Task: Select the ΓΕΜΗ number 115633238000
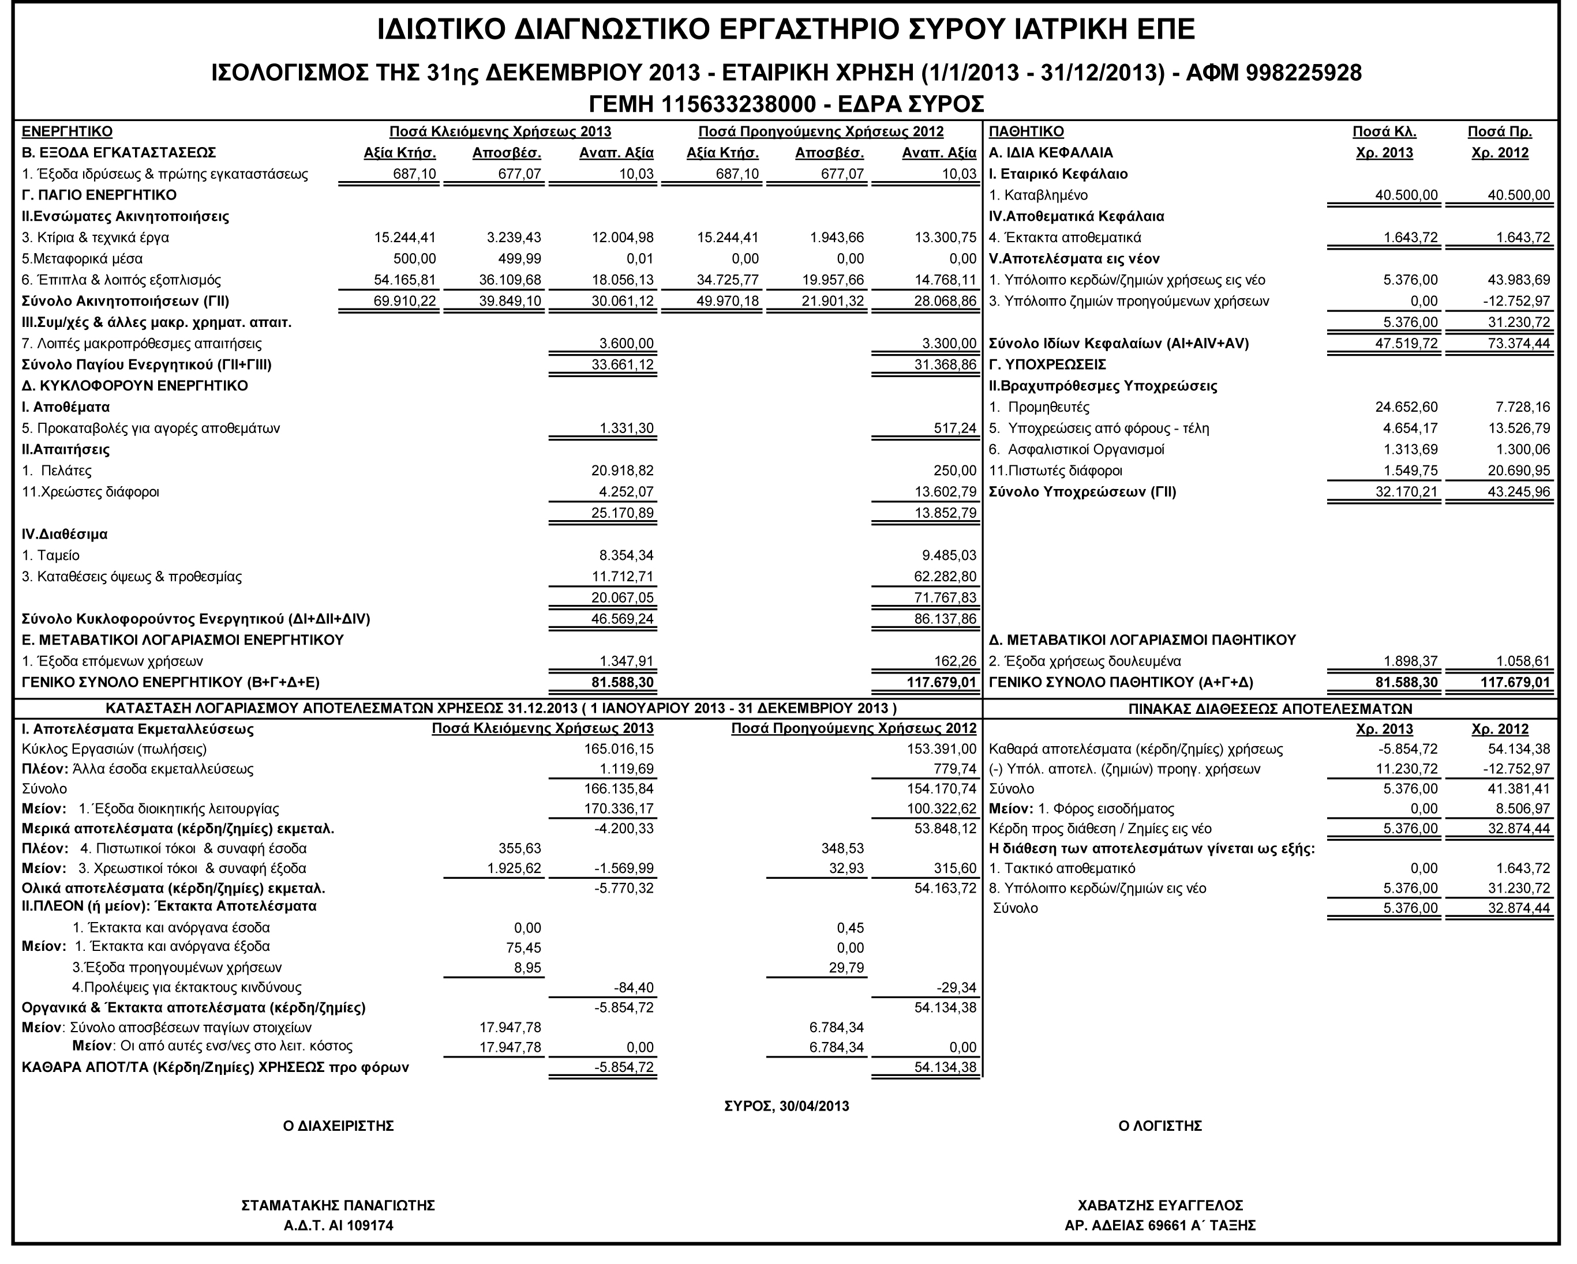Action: (x=738, y=104)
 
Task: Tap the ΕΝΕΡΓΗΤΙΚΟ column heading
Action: (x=68, y=131)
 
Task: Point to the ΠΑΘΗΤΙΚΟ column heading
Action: (x=1025, y=131)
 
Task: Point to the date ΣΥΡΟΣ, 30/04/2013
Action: (x=786, y=1106)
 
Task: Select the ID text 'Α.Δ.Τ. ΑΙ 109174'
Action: (x=338, y=1226)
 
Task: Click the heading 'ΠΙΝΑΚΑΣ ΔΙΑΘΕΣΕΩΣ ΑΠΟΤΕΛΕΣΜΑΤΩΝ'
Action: (x=1270, y=708)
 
